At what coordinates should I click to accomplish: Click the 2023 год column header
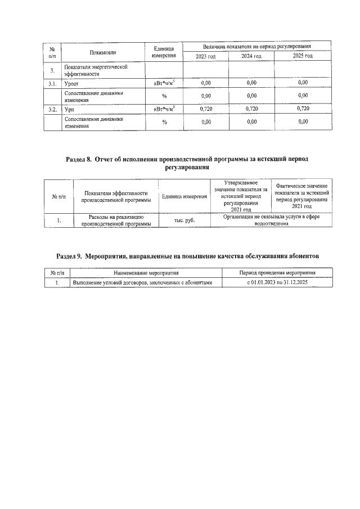[205, 56]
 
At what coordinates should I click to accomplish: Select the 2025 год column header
[303, 56]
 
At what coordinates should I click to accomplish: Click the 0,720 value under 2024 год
[251, 109]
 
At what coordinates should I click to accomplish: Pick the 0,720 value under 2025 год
[303, 109]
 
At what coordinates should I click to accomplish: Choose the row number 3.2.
[52, 109]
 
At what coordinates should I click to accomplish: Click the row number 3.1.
[52, 83]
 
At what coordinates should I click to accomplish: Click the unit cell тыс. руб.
[184, 220]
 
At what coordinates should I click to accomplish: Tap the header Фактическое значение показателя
[301, 196]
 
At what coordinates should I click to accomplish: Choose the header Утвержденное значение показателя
[240, 196]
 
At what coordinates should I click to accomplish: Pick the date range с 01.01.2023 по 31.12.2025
[277, 282]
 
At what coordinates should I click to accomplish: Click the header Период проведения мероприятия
[277, 272]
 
